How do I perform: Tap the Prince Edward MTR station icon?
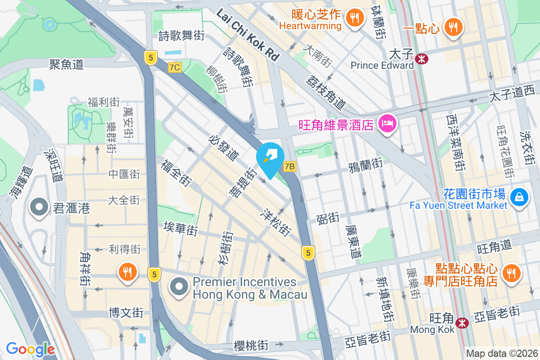coord(422,58)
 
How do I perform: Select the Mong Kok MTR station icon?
coord(461,323)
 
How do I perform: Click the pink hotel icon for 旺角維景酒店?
coord(387,123)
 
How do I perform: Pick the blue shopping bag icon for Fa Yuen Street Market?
coord(519,197)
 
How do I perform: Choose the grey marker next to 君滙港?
coord(39,207)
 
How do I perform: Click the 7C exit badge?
coord(175,67)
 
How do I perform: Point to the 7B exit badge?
coord(289,167)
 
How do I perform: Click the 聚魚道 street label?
coord(67,64)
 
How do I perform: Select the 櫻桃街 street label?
coord(251,346)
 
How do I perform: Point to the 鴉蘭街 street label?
coord(365,163)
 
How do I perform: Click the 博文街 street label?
coord(126,312)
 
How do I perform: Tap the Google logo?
coord(30,349)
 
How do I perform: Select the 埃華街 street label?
coord(181,229)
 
